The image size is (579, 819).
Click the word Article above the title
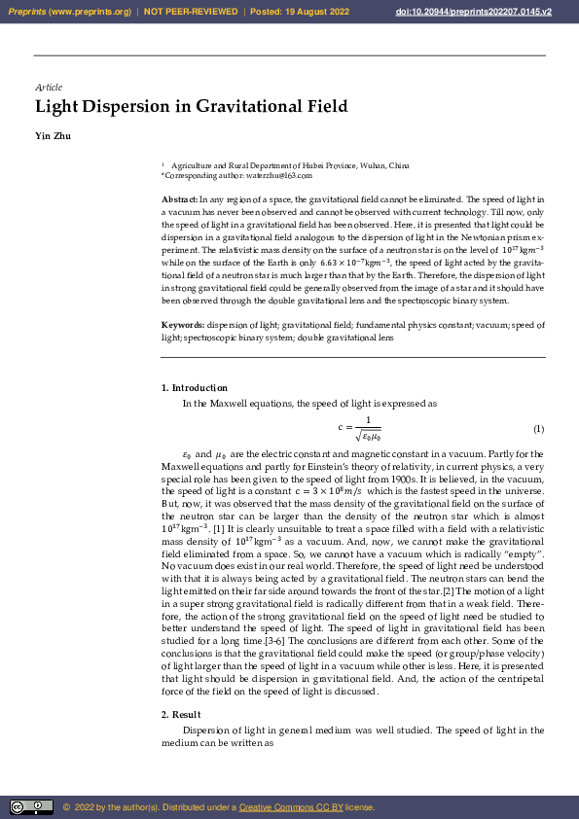click(x=49, y=88)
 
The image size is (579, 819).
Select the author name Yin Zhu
click(x=53, y=135)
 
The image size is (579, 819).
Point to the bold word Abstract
click(x=179, y=197)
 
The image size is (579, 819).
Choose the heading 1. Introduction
click(x=195, y=388)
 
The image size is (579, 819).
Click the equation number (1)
click(x=538, y=429)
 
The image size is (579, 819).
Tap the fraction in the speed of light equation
click(x=367, y=428)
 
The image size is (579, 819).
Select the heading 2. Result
click(x=181, y=715)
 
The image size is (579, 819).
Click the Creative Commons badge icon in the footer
click(x=31, y=807)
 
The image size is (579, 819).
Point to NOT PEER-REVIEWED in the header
click(x=191, y=12)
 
